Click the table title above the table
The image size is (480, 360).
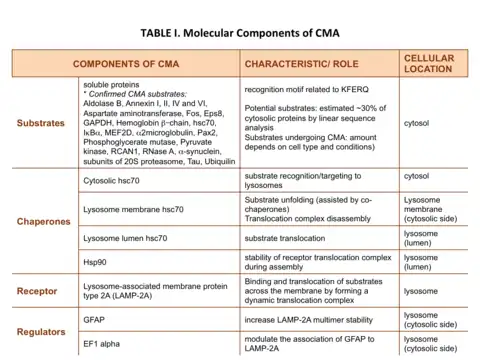tap(240, 33)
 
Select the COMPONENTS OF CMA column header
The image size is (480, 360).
tap(126, 64)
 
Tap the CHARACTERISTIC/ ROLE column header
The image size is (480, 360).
tap(302, 64)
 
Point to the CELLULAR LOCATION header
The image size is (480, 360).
tap(429, 63)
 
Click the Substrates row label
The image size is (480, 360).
tap(41, 123)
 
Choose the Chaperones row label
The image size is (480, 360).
tap(43, 222)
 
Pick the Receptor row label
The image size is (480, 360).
tap(37, 291)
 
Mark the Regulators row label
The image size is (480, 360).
tap(41, 332)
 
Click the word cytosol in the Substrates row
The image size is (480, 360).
tap(416, 123)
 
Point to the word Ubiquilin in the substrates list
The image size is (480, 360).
tap(220, 162)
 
